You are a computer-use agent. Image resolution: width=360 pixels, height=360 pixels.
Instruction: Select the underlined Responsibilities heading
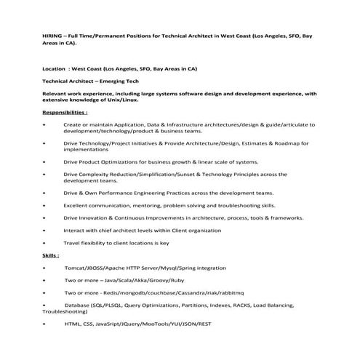tap(68, 113)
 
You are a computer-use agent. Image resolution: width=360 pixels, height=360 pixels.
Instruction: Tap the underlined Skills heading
tap(51, 257)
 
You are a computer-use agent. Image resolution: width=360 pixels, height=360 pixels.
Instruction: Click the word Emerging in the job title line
tap(110, 81)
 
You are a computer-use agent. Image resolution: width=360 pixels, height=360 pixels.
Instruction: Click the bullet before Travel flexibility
tap(45, 242)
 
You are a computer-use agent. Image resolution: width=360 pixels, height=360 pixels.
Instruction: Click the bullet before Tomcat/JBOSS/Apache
tap(45, 268)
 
